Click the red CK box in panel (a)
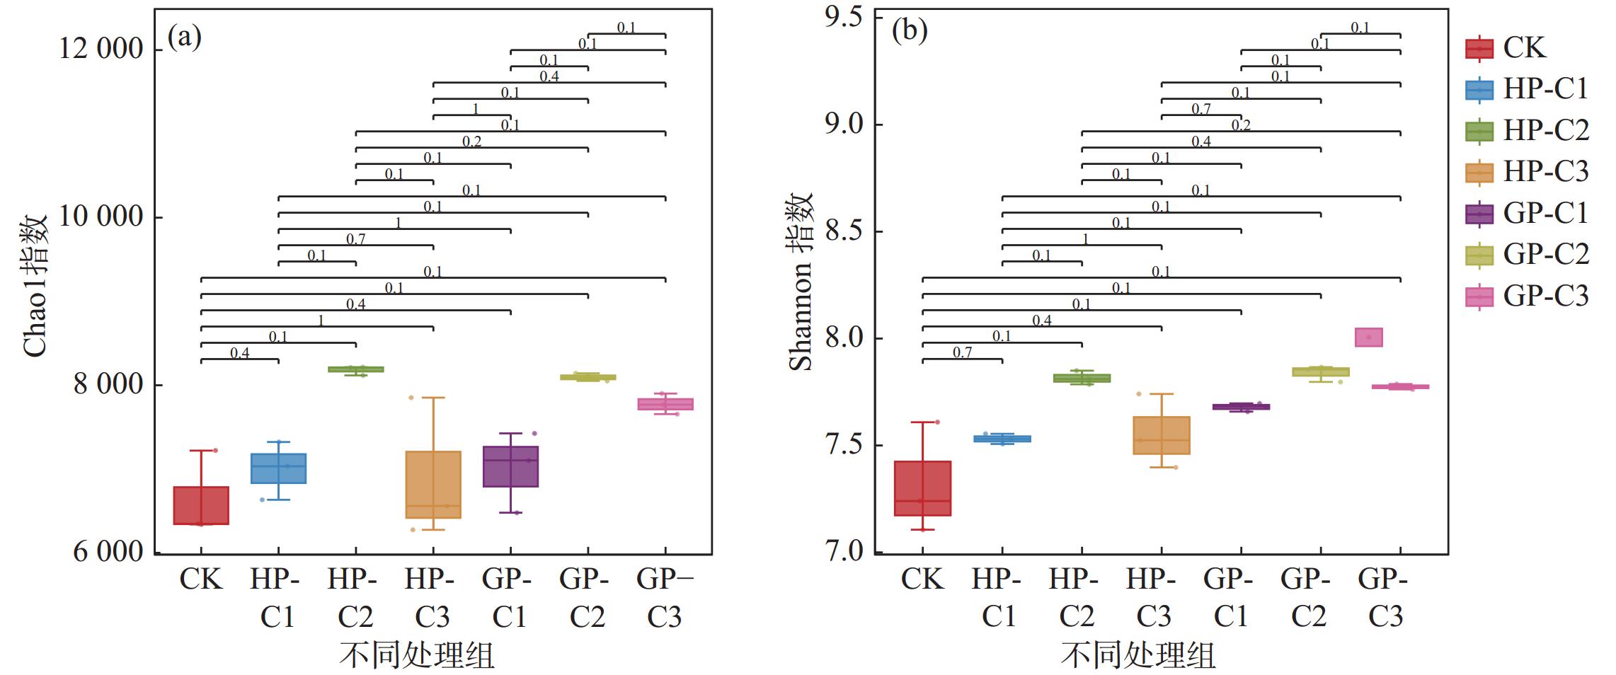click(x=201, y=505)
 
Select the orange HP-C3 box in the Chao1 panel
click(x=432, y=485)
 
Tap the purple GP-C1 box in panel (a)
click(x=510, y=466)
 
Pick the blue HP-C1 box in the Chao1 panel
click(x=278, y=468)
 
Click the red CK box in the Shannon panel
click(x=922, y=488)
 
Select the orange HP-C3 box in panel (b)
click(x=1161, y=435)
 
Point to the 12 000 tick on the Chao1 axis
click(x=101, y=50)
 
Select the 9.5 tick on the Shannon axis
click(x=844, y=18)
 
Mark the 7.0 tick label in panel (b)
click(x=844, y=551)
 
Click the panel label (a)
click(x=184, y=37)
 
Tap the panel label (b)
click(x=909, y=31)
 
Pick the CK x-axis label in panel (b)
click(x=922, y=579)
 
